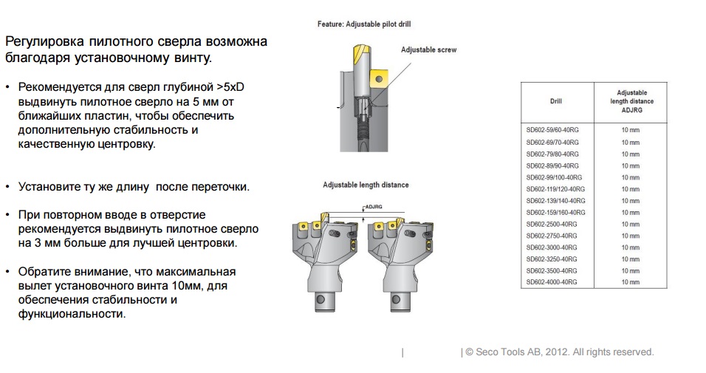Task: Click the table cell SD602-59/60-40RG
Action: (552, 130)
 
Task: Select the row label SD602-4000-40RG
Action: (552, 282)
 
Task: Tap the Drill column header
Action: (556, 101)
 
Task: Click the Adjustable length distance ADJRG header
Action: (631, 101)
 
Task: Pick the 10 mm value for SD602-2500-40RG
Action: (631, 225)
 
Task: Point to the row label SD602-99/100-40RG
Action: (555, 177)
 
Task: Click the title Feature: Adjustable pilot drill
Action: (364, 24)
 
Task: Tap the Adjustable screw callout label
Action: (428, 50)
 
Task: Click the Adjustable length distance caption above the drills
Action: (366, 185)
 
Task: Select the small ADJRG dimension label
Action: (374, 207)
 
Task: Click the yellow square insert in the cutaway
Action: (379, 79)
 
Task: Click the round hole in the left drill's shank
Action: (320, 299)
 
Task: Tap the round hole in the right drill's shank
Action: (397, 299)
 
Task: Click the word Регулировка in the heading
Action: (44, 42)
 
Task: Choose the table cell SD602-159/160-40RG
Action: (556, 213)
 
